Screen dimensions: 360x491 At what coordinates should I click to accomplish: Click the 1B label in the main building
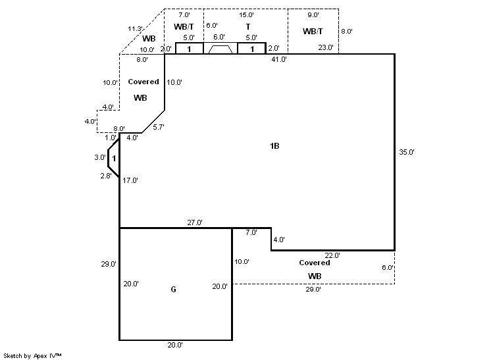point(274,145)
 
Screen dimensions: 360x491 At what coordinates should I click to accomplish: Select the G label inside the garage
point(173,289)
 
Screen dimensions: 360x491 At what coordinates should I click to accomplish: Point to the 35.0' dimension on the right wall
point(407,152)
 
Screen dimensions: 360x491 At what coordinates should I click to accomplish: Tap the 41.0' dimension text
point(279,59)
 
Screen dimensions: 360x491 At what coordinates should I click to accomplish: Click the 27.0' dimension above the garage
point(195,222)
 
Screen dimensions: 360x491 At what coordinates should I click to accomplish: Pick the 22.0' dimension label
point(332,255)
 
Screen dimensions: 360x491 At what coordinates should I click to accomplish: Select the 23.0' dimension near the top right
point(325,47)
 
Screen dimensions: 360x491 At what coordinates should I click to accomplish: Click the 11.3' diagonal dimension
point(135,28)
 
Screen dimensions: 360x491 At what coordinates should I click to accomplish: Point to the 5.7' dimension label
point(158,127)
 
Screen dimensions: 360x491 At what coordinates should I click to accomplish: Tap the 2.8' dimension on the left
point(105,176)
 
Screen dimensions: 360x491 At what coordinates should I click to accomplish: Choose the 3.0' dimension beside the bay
point(99,157)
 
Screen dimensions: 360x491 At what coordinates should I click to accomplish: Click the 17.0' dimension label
point(130,180)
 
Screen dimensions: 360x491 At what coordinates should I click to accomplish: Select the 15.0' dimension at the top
point(247,14)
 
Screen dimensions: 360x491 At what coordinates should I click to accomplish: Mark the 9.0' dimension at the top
point(313,14)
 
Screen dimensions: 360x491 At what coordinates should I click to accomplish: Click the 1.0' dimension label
point(110,138)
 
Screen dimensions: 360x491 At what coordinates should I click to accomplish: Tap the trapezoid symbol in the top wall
point(219,49)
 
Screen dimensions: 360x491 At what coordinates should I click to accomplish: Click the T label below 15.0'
point(247,26)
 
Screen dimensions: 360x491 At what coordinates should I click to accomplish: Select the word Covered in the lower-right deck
point(315,263)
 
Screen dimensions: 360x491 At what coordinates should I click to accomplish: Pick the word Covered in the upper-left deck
point(143,82)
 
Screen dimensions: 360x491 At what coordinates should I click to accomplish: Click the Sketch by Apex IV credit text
point(33,355)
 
